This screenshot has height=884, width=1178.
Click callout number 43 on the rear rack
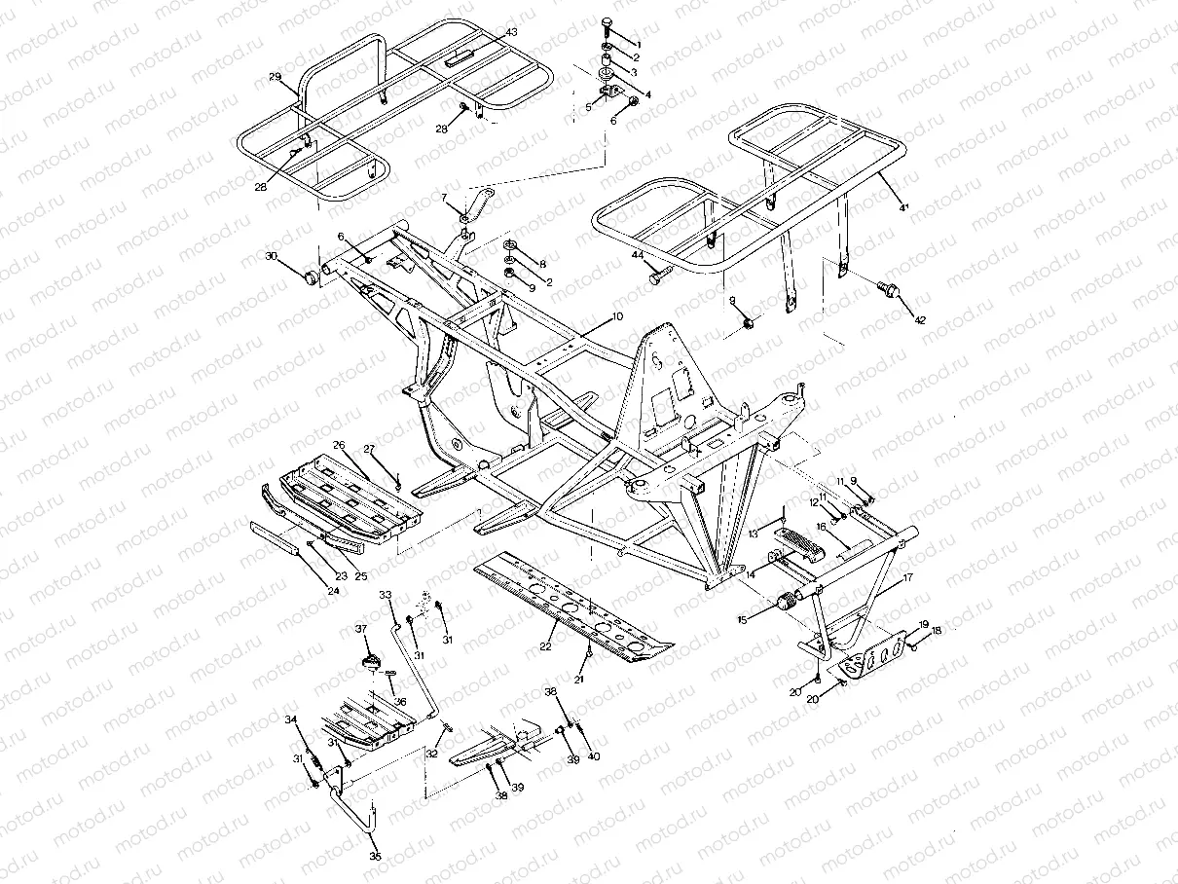(x=511, y=33)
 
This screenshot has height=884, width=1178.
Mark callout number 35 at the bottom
(x=375, y=857)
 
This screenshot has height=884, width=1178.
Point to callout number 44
(x=639, y=254)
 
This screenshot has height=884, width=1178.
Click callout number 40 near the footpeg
(x=596, y=755)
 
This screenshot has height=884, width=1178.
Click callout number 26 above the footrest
(x=339, y=445)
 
